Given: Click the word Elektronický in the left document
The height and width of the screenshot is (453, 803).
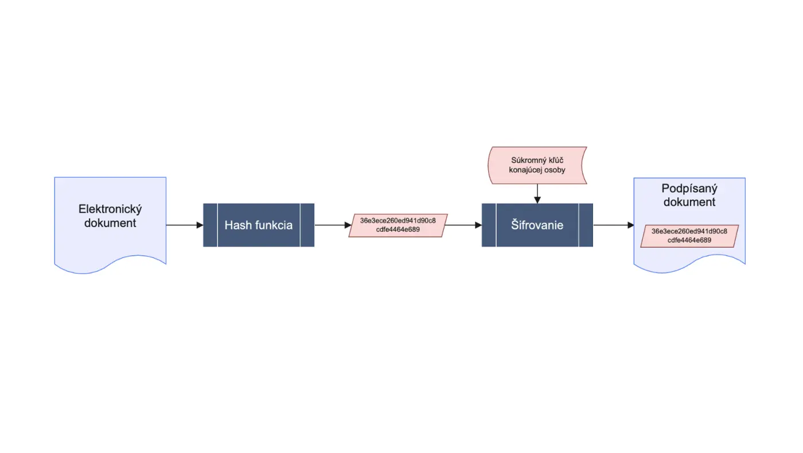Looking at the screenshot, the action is (x=110, y=209).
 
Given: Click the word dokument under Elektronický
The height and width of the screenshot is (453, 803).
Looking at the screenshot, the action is (x=110, y=223).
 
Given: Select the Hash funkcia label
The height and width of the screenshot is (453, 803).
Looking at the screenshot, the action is (x=259, y=225).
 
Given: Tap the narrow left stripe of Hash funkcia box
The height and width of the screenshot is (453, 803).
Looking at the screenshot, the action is (x=210, y=225).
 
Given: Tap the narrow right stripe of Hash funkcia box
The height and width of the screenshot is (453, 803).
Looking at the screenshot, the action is (x=307, y=225).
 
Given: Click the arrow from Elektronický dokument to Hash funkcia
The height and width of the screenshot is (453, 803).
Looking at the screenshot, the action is (x=185, y=225).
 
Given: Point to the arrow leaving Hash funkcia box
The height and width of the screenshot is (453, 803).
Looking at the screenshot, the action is (x=333, y=225).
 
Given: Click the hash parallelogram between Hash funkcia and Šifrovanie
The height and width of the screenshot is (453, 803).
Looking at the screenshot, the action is (x=398, y=225).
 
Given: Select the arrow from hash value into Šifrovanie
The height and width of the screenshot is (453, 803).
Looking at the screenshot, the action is (x=463, y=225).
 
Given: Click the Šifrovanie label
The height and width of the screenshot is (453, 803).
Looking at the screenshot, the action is (x=537, y=225).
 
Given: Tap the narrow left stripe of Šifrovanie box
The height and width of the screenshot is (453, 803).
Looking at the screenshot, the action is (x=489, y=225).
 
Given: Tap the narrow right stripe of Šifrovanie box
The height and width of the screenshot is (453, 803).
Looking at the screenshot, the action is (x=586, y=225).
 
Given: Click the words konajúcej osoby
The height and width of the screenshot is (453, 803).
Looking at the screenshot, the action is (x=537, y=170).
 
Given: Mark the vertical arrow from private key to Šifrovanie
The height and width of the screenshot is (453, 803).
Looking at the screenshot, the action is (x=537, y=194).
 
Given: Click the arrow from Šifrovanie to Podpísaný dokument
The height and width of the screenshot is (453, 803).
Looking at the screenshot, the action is (x=613, y=225).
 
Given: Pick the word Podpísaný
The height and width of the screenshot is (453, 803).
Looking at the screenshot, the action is (x=689, y=189).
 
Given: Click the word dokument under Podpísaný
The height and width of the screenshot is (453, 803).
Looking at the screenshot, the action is (x=689, y=202).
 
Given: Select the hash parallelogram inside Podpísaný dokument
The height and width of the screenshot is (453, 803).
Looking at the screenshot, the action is (x=689, y=236).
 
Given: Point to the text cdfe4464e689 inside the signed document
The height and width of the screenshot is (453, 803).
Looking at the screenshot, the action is (x=689, y=240).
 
